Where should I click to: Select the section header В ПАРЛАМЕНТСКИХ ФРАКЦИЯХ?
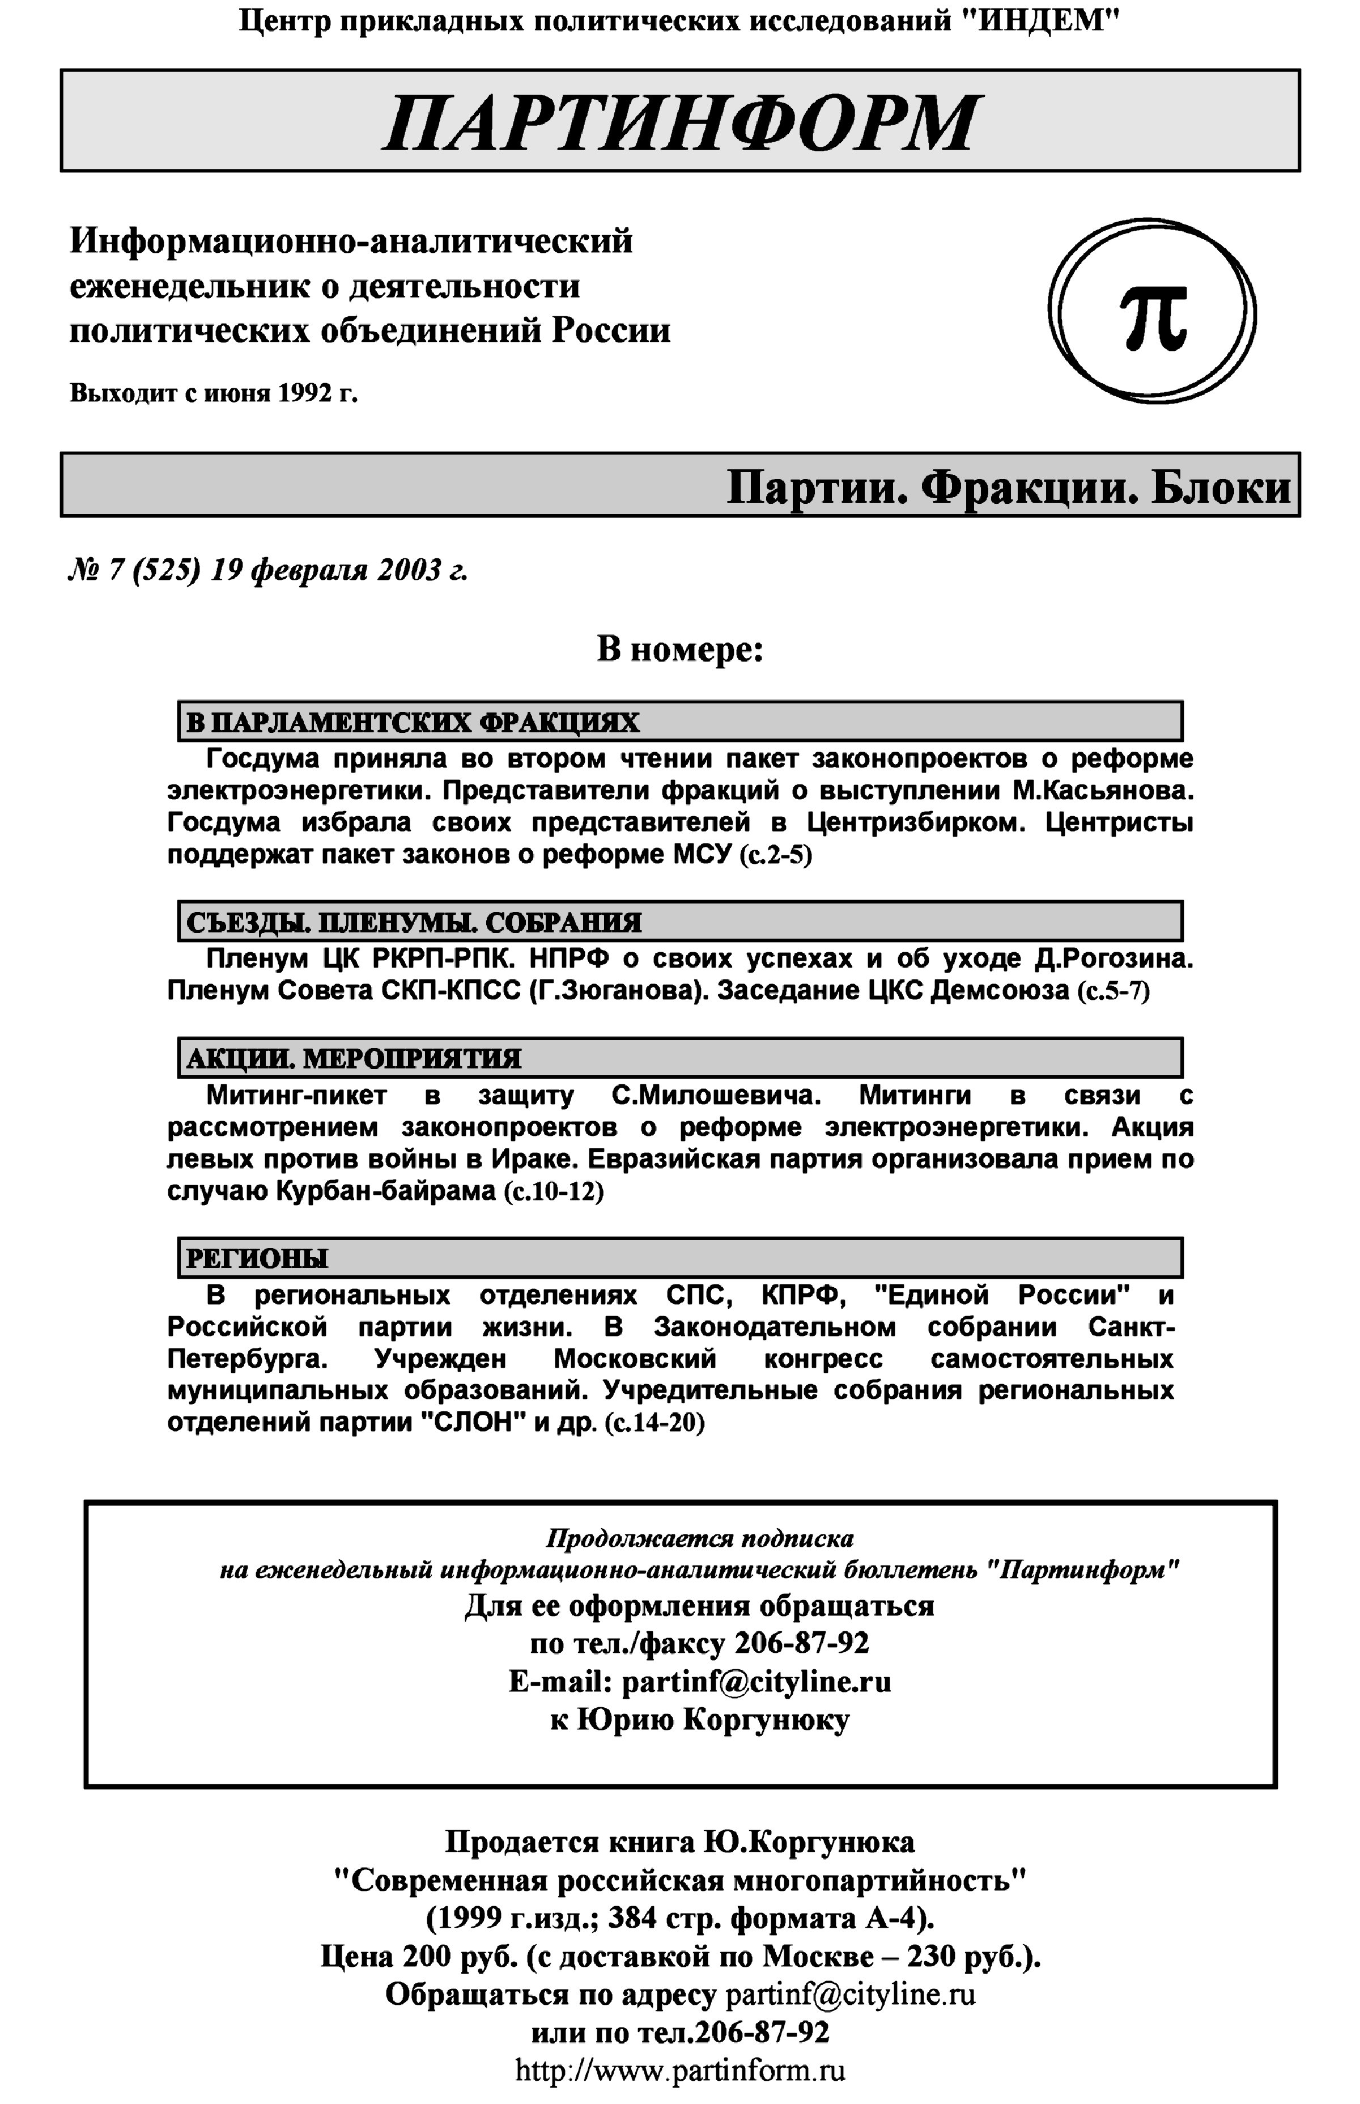click(413, 723)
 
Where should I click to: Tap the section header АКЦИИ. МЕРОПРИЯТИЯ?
click(353, 1058)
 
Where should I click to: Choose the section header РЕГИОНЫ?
click(256, 1258)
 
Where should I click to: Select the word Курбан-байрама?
click(386, 1191)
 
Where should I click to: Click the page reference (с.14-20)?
click(654, 1423)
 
